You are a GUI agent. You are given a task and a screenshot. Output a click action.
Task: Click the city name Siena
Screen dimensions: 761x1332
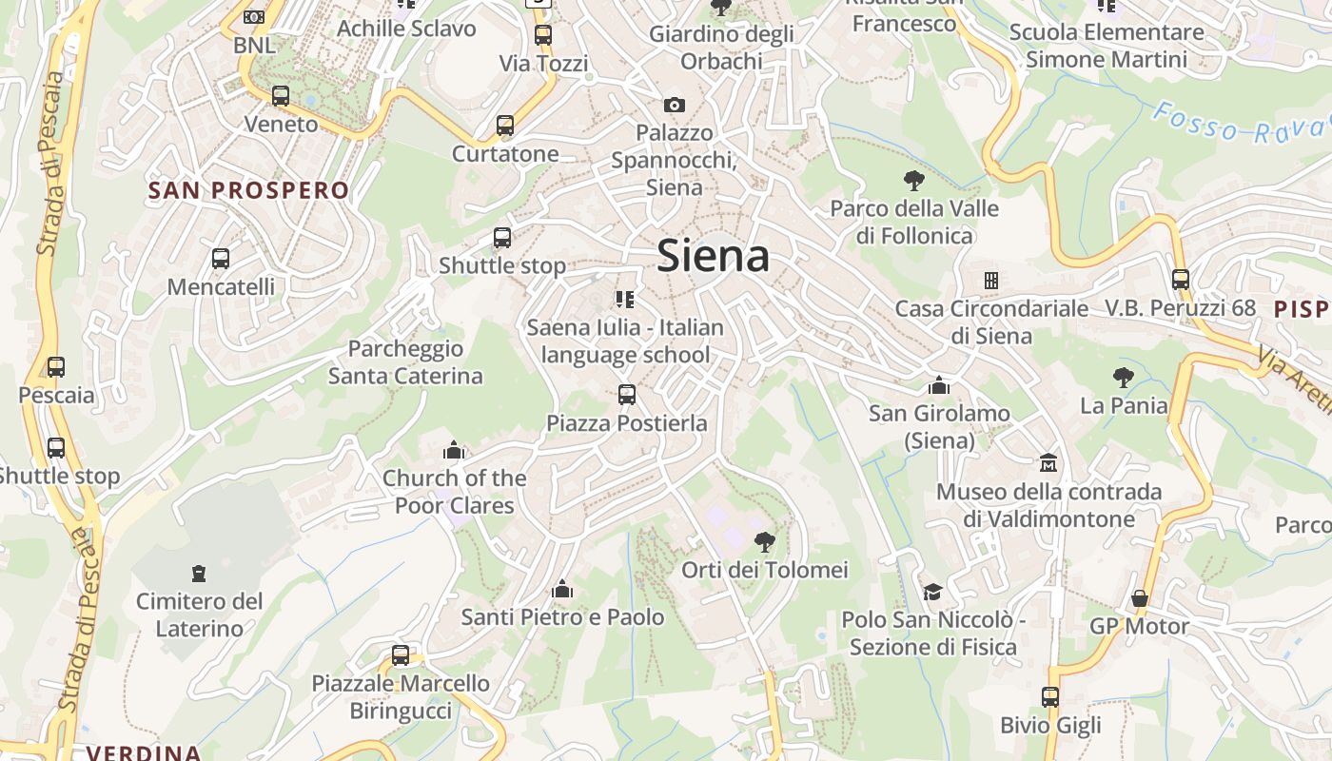[713, 257]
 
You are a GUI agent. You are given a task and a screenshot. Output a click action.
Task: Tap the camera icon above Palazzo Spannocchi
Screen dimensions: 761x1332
[675, 105]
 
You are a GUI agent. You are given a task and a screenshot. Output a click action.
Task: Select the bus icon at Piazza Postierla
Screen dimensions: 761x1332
[626, 394]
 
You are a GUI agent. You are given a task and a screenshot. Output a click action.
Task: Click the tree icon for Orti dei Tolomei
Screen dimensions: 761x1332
[764, 542]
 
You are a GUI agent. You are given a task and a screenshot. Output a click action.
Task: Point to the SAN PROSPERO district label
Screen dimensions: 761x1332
[249, 190]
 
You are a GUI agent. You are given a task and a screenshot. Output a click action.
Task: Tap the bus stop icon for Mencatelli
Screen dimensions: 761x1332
[221, 258]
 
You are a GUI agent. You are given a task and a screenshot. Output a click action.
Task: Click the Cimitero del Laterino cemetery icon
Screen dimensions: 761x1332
[198, 573]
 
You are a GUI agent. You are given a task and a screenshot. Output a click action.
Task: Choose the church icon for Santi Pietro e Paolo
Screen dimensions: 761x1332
[562, 589]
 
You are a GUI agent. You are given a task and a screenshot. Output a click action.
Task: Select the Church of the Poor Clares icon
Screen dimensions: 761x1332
[454, 449]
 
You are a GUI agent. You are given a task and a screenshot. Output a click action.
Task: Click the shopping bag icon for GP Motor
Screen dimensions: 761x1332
[1139, 598]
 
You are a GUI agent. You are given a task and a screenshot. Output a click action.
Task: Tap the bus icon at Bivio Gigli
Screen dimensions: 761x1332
[1050, 697]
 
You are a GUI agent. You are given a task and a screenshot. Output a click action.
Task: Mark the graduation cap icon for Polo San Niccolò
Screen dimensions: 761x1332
[932, 592]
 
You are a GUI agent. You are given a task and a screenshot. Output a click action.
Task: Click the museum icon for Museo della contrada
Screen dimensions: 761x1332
[1048, 463]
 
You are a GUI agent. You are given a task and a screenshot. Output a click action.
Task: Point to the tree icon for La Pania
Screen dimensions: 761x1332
[1124, 377]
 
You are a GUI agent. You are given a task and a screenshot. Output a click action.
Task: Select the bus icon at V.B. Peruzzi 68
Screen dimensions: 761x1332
[1181, 280]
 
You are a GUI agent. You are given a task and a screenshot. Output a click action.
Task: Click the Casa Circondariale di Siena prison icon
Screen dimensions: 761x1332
[990, 281]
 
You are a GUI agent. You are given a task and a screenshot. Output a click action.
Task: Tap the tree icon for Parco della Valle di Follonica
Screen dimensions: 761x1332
[914, 180]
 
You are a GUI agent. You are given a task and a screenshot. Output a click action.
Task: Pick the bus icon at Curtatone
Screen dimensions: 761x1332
[505, 126]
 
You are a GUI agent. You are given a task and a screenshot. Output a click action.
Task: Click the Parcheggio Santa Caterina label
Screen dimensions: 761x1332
[405, 362]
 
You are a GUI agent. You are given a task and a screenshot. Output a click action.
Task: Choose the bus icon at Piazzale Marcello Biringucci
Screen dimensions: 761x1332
[401, 654]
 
